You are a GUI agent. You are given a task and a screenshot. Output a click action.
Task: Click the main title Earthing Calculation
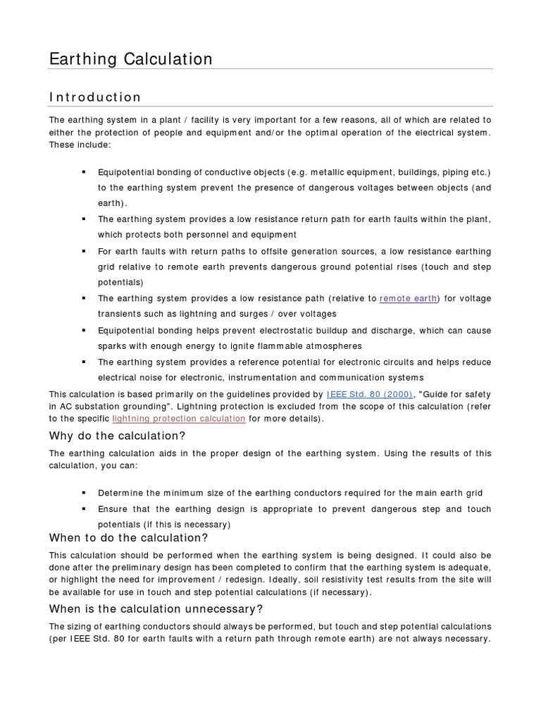(130, 59)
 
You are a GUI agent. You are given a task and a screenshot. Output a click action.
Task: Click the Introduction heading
(95, 97)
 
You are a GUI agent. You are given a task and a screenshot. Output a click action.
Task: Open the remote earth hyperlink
(408, 298)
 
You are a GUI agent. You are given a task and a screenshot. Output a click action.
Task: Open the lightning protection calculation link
(179, 418)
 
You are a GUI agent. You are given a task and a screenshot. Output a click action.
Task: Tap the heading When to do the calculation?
(128, 538)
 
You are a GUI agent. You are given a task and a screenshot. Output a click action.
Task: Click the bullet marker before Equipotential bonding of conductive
(83, 172)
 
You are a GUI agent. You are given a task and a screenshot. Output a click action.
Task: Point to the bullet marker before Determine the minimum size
(83, 492)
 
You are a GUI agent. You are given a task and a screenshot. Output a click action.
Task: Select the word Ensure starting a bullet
(113, 509)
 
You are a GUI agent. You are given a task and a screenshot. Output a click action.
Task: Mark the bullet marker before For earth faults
(83, 251)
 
